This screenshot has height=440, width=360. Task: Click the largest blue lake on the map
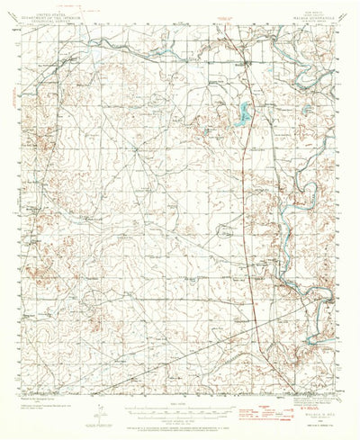(x=243, y=112)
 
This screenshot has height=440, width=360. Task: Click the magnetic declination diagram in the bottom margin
(x=103, y=404)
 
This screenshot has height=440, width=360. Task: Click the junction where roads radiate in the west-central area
(x=137, y=149)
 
